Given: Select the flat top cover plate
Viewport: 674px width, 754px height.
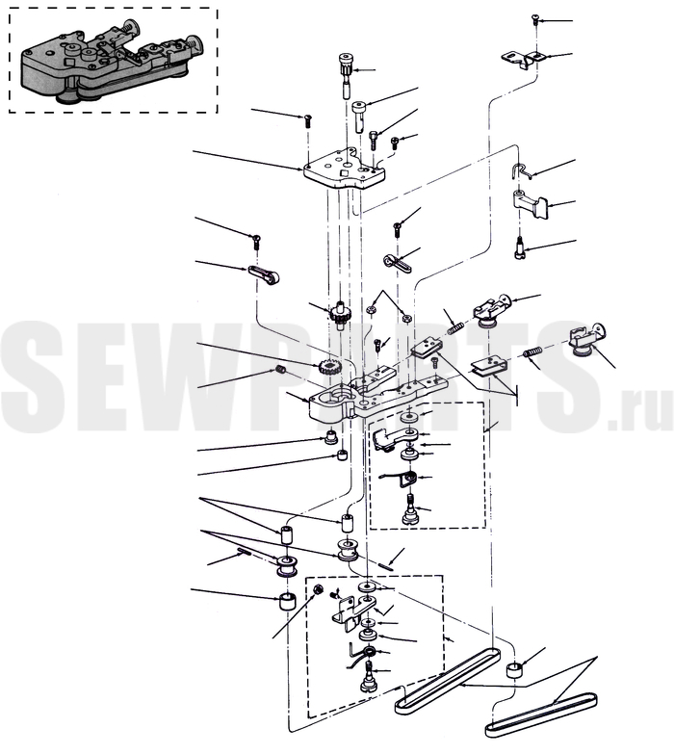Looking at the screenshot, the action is pyautogui.click(x=344, y=169).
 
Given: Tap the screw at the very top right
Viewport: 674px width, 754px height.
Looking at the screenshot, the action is pyautogui.click(x=534, y=20).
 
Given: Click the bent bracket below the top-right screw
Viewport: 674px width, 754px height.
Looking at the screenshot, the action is pyautogui.click(x=524, y=59).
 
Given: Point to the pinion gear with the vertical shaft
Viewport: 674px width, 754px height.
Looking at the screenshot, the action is pyautogui.click(x=341, y=316).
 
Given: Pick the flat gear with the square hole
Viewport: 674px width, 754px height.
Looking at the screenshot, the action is pyautogui.click(x=328, y=370).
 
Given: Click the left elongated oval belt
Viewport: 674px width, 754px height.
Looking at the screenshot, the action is pyautogui.click(x=448, y=680).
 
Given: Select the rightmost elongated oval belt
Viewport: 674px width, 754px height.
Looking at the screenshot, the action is pyautogui.click(x=541, y=715).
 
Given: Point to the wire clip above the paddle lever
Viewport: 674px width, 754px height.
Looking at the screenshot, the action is pyautogui.click(x=521, y=170).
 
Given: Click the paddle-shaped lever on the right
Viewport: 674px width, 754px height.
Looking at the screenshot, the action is pyautogui.click(x=531, y=203).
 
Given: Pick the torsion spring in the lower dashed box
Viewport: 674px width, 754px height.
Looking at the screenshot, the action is pyautogui.click(x=364, y=657).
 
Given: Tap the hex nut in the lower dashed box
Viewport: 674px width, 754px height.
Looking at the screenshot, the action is pyautogui.click(x=318, y=589).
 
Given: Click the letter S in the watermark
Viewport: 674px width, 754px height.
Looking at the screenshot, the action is pyautogui.click(x=36, y=377).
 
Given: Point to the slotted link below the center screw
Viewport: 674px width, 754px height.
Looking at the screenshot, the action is pyautogui.click(x=397, y=263).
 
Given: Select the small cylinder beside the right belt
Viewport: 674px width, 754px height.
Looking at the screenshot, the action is pyautogui.click(x=514, y=670).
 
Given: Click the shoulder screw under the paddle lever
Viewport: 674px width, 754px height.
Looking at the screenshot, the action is pyautogui.click(x=519, y=247).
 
